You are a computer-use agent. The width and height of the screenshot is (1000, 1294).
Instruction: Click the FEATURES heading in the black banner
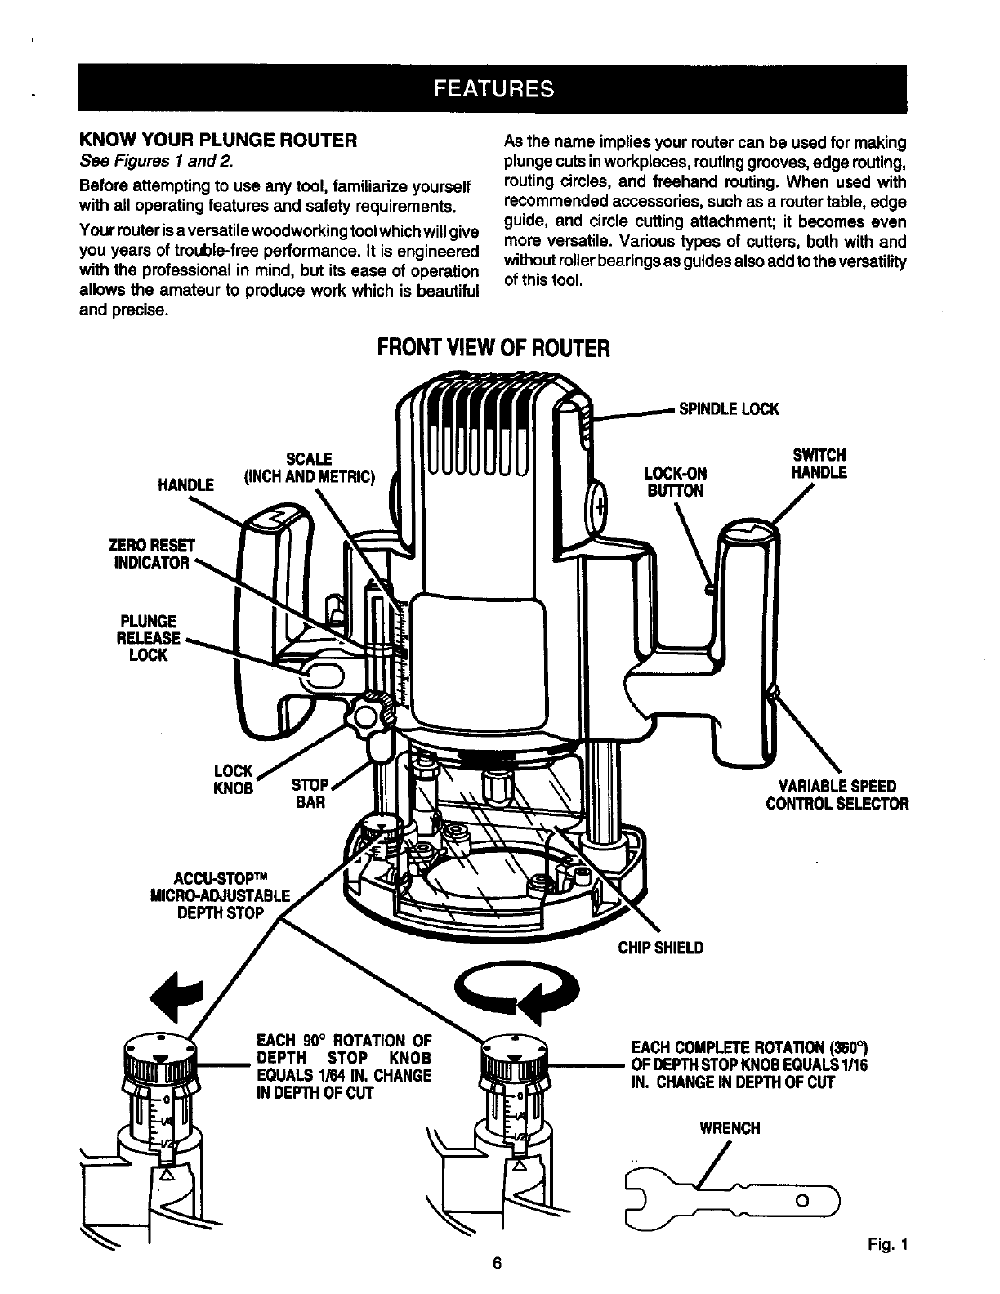point(493,89)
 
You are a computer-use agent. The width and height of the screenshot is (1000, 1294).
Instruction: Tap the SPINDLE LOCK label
point(729,409)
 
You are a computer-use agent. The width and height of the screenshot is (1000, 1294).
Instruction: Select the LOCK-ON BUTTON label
point(676,482)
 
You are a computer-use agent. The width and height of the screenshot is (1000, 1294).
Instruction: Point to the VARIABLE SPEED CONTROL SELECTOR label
point(837,795)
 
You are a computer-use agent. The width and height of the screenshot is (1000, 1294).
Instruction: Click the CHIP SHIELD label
point(660,948)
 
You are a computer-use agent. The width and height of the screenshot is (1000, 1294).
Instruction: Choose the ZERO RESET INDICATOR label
point(151,555)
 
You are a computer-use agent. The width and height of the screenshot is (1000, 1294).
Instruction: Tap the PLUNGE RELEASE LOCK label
point(149,638)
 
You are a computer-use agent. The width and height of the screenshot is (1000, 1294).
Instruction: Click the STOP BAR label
point(310,793)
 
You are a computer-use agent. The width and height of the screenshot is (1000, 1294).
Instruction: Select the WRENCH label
point(730,1128)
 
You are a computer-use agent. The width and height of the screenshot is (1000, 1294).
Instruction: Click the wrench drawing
point(732,1201)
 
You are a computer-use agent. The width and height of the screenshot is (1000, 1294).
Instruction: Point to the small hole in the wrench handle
point(802,1201)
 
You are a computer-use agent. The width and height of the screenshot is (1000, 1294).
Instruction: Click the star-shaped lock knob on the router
point(373,713)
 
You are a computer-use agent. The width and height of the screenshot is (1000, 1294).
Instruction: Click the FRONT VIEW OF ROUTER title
point(493,348)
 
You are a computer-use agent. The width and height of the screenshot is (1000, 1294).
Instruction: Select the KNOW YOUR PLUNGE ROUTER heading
point(218,141)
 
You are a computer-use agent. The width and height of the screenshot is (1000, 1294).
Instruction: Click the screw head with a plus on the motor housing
point(599,508)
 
